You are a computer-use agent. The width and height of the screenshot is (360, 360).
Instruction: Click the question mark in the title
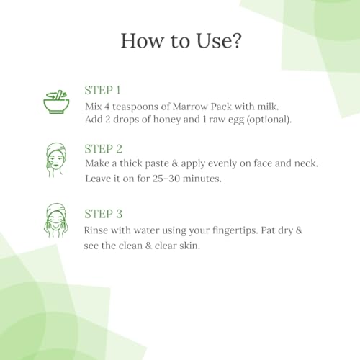tap(235, 40)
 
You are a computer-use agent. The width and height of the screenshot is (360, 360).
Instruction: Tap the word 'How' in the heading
tap(141, 40)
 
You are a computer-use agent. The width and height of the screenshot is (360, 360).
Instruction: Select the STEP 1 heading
tap(102, 91)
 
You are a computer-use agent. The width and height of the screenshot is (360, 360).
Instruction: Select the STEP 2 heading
tap(104, 149)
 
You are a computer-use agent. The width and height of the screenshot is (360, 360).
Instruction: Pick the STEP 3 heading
tap(104, 214)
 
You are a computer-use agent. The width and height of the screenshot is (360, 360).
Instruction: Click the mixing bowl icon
tap(56, 102)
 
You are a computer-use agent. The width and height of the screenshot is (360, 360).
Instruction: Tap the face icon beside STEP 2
tap(55, 160)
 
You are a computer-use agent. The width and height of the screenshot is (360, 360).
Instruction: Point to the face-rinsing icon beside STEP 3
tap(56, 220)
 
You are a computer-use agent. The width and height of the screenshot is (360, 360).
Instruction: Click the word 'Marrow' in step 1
tap(190, 107)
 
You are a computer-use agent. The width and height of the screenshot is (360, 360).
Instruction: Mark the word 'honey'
tap(167, 120)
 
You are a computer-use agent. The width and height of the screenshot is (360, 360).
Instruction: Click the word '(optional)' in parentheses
tap(269, 120)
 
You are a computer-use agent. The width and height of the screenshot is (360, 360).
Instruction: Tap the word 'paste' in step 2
tap(157, 164)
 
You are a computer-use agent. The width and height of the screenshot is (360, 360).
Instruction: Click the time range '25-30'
tap(166, 179)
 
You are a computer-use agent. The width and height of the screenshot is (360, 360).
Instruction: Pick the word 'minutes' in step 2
tap(202, 179)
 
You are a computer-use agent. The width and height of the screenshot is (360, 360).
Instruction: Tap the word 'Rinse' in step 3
tap(96, 230)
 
